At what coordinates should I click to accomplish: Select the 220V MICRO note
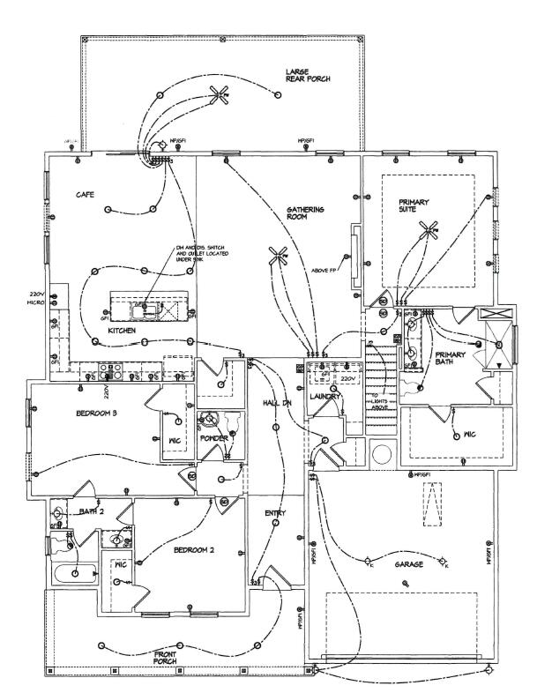(36, 297)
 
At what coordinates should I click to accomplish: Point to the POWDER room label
(214, 438)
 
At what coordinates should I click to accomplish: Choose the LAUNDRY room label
(324, 397)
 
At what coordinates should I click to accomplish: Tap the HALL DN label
(277, 402)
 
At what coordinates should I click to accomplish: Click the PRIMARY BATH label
(456, 360)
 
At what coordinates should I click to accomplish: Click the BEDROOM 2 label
(193, 551)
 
